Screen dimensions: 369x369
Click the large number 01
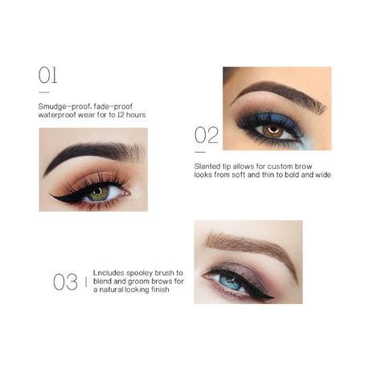(x=47, y=76)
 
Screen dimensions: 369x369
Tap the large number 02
(x=207, y=135)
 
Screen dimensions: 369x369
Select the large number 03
(x=65, y=282)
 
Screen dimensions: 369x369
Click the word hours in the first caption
(x=136, y=115)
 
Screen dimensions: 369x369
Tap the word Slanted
(x=205, y=166)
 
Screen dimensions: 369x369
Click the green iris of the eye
(x=99, y=194)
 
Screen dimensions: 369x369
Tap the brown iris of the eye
(x=273, y=131)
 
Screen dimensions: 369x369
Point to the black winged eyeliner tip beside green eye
(x=51, y=195)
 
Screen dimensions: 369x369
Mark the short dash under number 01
(x=44, y=92)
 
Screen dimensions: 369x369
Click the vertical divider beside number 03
(x=86, y=281)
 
